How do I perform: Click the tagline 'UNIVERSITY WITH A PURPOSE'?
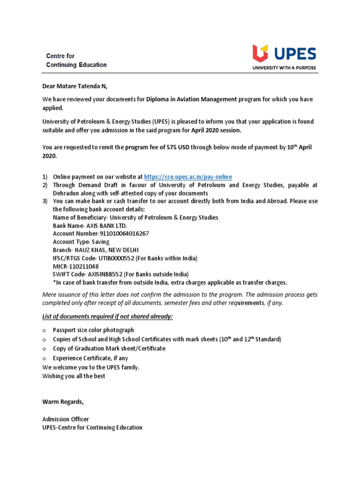pyautogui.click(x=285, y=68)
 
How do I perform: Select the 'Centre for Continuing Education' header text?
pyautogui.click(x=76, y=60)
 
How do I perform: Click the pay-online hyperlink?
pyautogui.click(x=188, y=177)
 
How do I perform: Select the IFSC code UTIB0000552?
pyautogui.click(x=118, y=258)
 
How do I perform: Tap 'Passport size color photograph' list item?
pyautogui.click(x=93, y=330)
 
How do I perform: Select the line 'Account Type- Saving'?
pyautogui.click(x=81, y=242)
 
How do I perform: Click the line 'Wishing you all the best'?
pyautogui.click(x=74, y=376)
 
